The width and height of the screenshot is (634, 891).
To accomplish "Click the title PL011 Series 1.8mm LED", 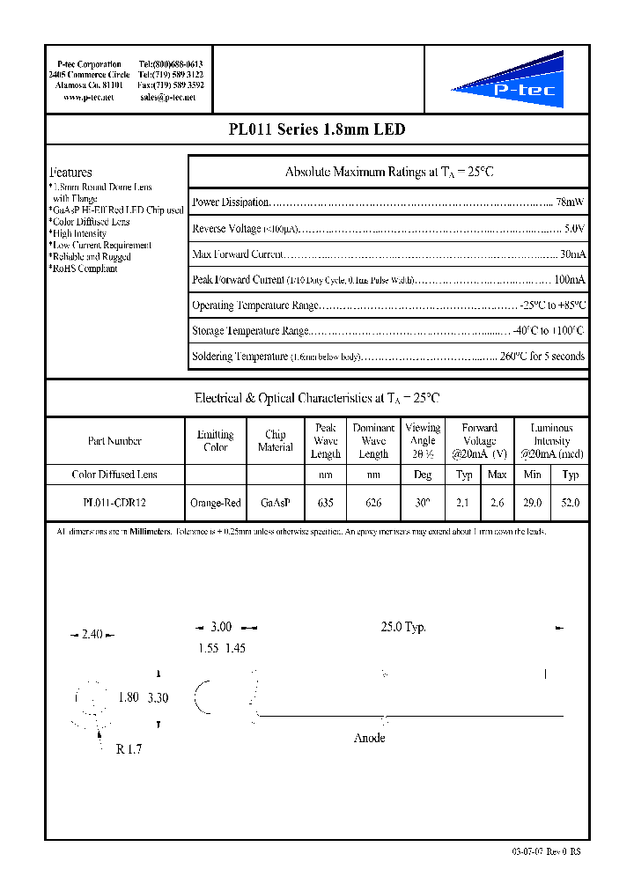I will click(316, 129).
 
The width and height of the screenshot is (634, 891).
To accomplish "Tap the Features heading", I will click(70, 173).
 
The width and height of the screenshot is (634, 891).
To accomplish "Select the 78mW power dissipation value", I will click(570, 202).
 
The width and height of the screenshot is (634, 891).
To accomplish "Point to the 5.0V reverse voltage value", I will click(573, 229).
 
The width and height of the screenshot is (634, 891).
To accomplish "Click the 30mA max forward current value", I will click(571, 254).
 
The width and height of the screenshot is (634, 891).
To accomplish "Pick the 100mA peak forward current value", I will click(569, 280).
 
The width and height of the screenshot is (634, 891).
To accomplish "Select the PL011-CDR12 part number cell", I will click(114, 504).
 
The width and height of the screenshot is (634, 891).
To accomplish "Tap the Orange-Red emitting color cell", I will click(215, 504).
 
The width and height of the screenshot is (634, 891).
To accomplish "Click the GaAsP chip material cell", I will click(275, 504).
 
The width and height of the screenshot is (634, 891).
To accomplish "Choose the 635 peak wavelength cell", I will click(325, 504).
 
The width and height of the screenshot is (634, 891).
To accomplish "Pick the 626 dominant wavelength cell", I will click(373, 504).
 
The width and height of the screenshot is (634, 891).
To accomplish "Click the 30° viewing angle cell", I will click(423, 504).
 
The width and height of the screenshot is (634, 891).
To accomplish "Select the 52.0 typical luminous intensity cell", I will click(571, 504).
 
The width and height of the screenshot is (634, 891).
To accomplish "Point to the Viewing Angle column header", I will click(423, 440).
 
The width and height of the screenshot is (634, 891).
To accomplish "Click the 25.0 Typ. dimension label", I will click(403, 627).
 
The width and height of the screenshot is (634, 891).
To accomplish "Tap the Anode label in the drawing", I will click(369, 738).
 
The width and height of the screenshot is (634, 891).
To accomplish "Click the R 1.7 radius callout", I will click(128, 749).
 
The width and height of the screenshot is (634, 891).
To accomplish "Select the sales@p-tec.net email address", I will click(168, 98).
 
